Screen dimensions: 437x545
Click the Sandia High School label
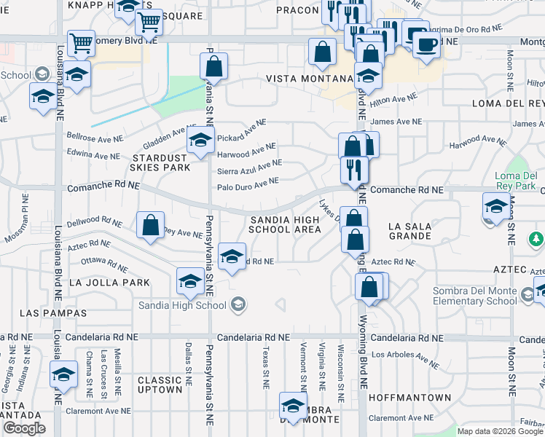point(181,305)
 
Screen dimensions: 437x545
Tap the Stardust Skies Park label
point(160,162)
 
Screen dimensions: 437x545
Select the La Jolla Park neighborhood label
point(109,282)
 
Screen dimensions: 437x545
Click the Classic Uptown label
point(160,385)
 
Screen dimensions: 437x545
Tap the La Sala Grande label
point(410,232)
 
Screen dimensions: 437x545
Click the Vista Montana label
point(309,78)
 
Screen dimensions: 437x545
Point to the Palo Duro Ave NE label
point(248,185)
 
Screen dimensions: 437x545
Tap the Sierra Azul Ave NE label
point(249,168)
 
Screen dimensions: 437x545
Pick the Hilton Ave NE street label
point(393,99)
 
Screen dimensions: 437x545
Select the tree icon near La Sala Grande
point(536,239)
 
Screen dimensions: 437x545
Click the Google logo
point(25,428)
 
